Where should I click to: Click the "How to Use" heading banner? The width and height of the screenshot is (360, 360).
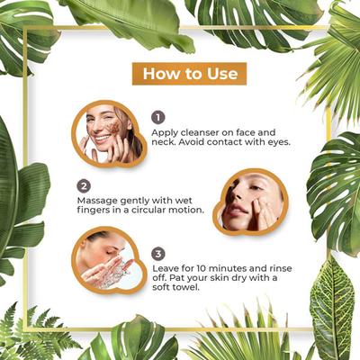click(x=189, y=74)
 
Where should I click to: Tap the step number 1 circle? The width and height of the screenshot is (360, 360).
click(x=158, y=117)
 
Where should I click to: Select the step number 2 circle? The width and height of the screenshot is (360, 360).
click(x=84, y=186)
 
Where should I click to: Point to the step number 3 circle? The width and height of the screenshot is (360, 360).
click(x=158, y=254)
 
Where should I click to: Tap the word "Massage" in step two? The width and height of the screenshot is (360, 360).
click(x=96, y=201)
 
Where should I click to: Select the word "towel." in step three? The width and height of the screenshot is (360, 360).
click(x=185, y=287)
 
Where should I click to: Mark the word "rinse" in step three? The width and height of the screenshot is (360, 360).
click(x=279, y=268)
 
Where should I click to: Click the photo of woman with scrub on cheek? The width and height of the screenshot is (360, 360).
click(x=109, y=134)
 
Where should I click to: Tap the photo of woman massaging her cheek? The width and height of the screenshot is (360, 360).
click(x=250, y=202)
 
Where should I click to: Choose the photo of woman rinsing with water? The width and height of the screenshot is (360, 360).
click(x=109, y=263)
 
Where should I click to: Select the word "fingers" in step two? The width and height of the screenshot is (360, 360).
click(x=92, y=211)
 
